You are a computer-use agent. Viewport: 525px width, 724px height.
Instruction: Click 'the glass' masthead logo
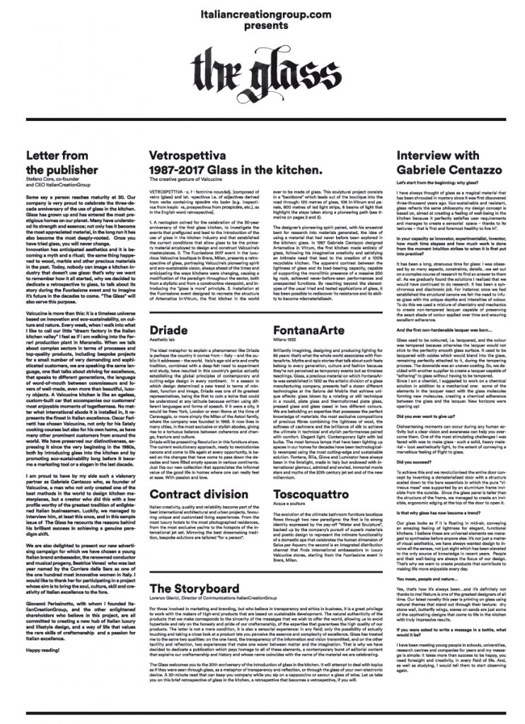[x=262, y=74]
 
